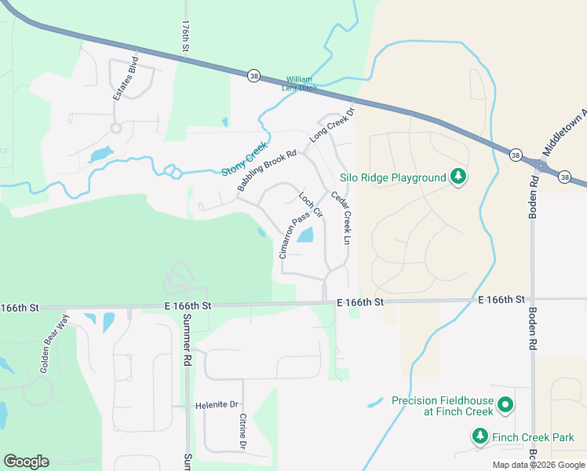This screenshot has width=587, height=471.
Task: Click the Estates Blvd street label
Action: [126, 78]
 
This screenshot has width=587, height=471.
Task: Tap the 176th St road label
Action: [186, 37]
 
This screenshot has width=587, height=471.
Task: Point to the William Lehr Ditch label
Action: [300, 84]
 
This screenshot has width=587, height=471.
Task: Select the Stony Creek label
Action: [244, 159]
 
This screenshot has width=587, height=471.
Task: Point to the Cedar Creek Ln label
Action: [340, 217]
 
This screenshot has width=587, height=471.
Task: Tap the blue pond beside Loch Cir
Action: [305, 234]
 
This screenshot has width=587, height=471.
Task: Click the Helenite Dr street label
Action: [217, 405]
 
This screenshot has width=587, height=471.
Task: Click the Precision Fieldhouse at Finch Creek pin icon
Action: [506, 406]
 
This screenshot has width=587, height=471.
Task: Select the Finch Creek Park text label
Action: [533, 437]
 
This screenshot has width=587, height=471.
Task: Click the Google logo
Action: [26, 462]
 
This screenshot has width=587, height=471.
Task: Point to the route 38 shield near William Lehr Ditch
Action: [253, 75]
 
